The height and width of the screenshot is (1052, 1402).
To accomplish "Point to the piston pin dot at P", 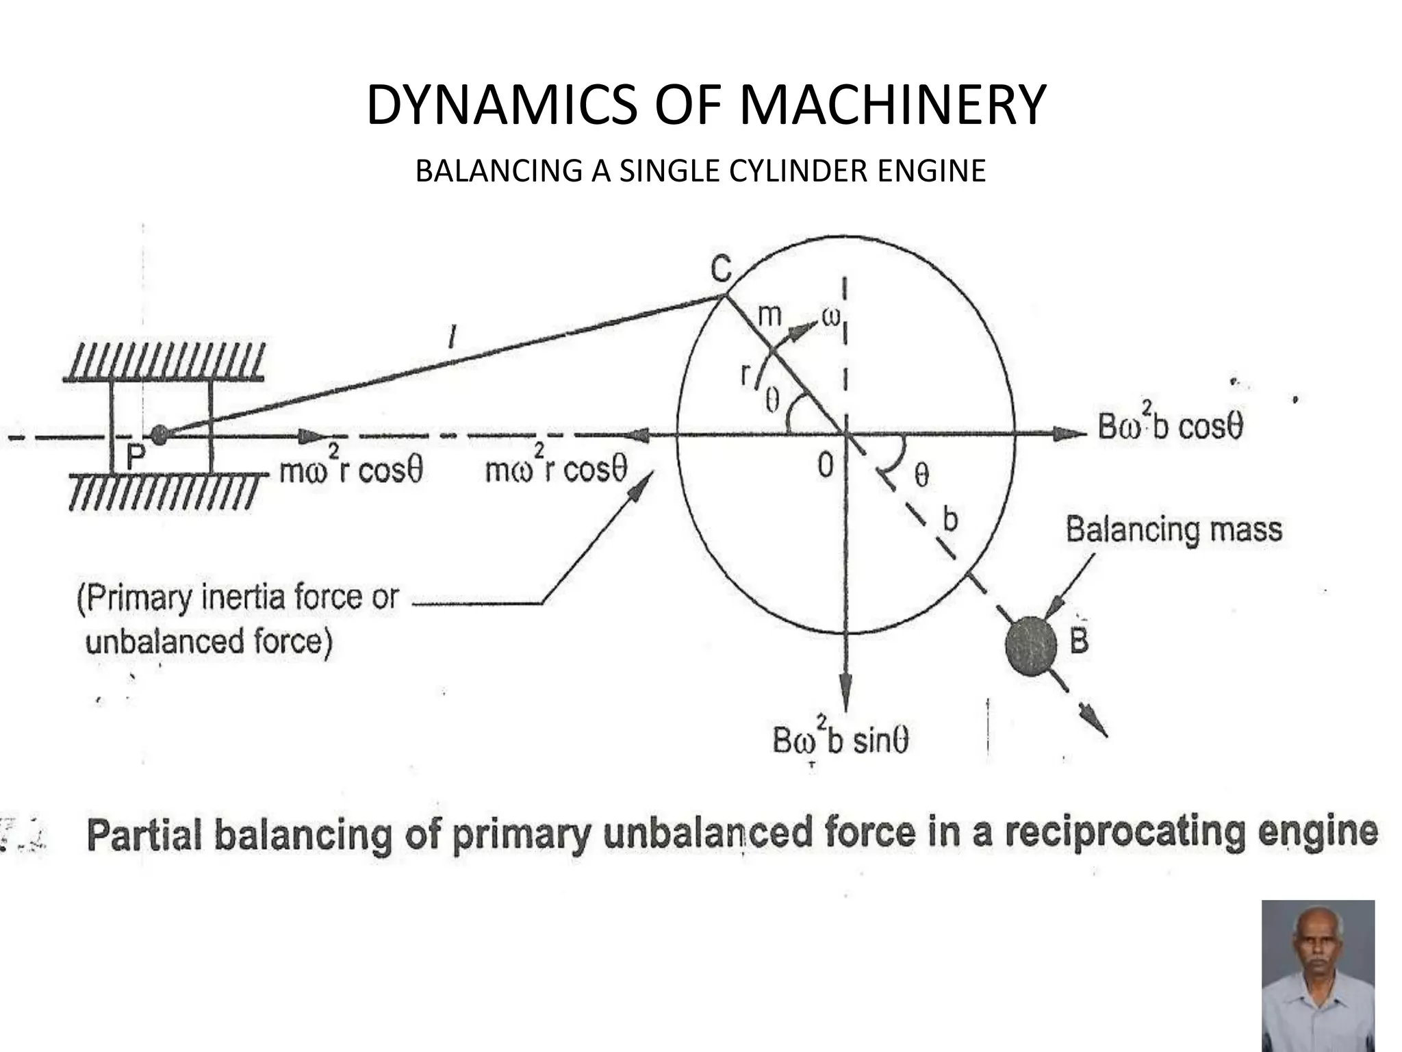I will click(159, 433).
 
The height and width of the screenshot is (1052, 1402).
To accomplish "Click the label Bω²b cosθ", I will click(1170, 427).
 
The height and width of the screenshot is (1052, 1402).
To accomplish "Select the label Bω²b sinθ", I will click(840, 740).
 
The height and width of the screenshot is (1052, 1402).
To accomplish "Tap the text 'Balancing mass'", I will click(1173, 530).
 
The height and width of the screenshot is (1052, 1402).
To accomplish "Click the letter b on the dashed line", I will click(949, 519).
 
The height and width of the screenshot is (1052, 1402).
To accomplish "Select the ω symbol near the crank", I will click(830, 318).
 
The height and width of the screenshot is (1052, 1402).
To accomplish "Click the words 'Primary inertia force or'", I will click(238, 597).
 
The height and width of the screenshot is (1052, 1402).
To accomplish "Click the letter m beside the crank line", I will click(769, 316).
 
